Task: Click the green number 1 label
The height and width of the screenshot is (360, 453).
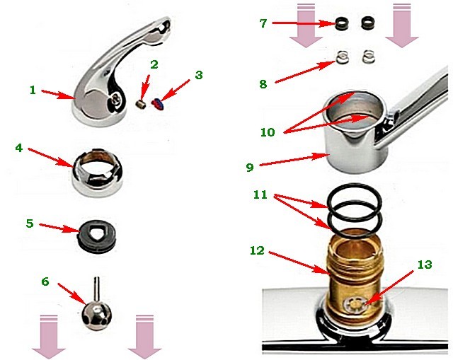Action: click(33, 90)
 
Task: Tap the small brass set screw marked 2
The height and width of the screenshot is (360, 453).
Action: click(141, 104)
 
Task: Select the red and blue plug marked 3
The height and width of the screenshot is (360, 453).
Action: click(158, 104)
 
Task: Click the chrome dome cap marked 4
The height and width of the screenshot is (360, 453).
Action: click(98, 173)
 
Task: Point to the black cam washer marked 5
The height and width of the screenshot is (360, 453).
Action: click(97, 238)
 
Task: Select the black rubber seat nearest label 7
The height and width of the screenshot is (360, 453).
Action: click(343, 23)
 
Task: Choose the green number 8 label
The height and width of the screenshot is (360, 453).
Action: click(263, 84)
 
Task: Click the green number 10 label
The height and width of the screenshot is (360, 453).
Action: click(268, 132)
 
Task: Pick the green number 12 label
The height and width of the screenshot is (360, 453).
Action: click(257, 250)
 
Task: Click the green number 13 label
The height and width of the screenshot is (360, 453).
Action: click(425, 265)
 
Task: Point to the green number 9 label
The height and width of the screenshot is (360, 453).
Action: click(250, 167)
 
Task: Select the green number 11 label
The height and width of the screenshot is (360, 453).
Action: click(260, 194)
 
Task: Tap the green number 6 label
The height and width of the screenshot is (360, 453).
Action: click(45, 281)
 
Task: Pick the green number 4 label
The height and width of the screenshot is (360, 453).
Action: click(19, 148)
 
